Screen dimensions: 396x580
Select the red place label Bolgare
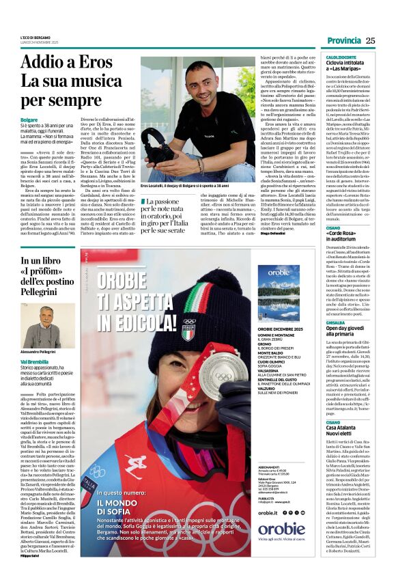point(29,119)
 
